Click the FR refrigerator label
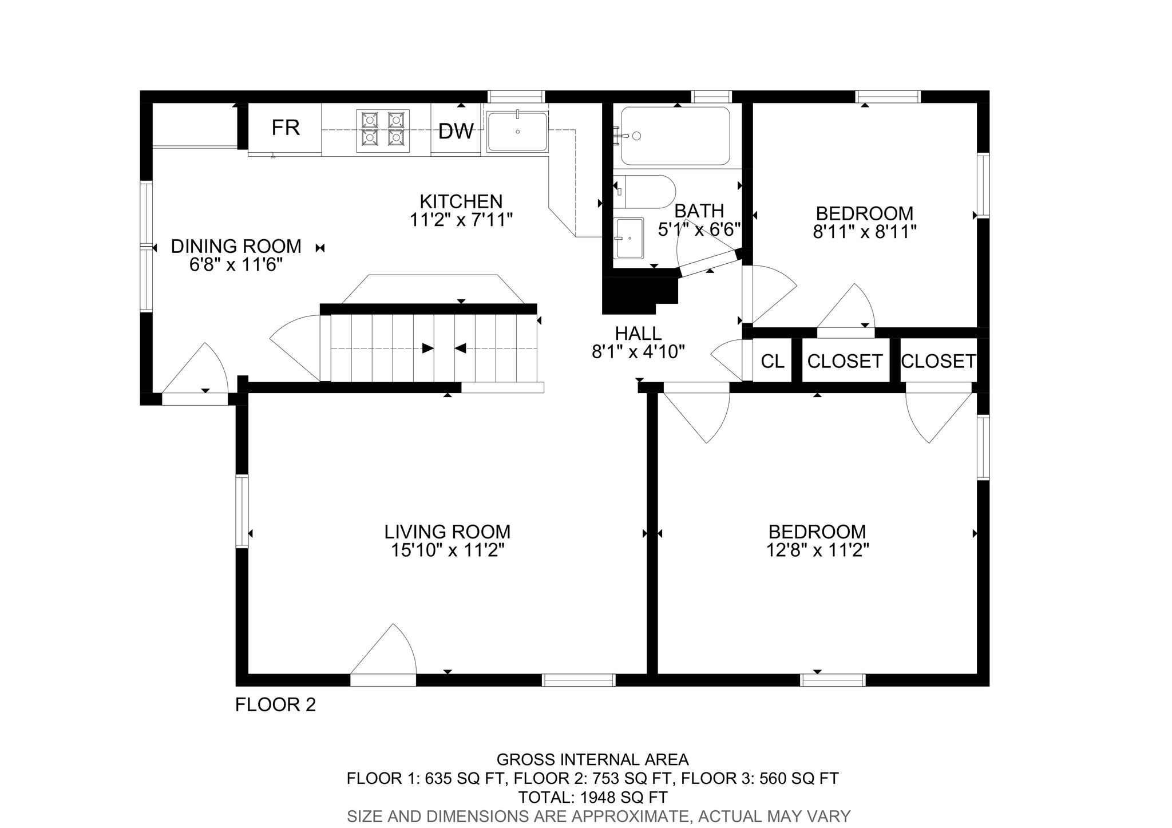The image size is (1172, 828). tap(286, 128)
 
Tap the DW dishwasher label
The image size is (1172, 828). tap(456, 132)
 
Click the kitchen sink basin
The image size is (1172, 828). tap(517, 132)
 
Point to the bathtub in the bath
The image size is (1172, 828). tap(675, 136)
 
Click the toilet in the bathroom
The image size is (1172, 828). tap(647, 192)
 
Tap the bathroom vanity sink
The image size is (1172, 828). tap(629, 237)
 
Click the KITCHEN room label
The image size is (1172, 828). tap(461, 201)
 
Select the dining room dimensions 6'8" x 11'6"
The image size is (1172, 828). tap(236, 265)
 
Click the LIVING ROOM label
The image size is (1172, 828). tap(447, 532)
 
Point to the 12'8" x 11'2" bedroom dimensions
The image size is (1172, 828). tap(817, 550)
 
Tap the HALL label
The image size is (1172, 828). tap(638, 332)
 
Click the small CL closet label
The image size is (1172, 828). tap(772, 361)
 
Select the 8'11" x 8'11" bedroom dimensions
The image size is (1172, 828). tap(865, 232)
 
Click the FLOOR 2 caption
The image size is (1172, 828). tap(275, 704)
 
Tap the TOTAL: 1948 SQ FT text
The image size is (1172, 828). tap(592, 797)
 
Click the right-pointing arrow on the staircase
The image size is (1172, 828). tap(427, 348)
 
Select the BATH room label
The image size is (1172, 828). tap(699, 211)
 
